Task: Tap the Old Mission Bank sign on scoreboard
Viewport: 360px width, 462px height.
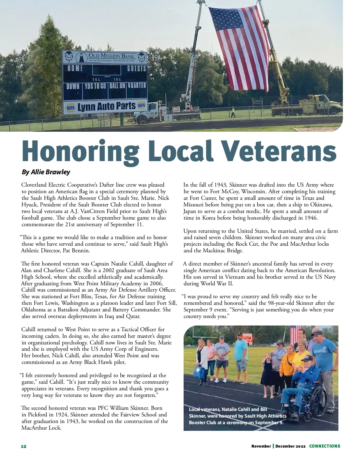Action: click(x=105, y=57)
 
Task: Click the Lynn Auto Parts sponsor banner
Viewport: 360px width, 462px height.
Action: click(x=105, y=107)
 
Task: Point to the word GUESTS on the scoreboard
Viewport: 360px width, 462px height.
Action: click(x=136, y=69)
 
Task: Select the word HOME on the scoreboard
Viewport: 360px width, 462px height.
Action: click(x=75, y=68)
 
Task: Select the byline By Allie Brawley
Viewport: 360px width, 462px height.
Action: click(x=46, y=172)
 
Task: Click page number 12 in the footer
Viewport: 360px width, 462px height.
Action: click(x=23, y=446)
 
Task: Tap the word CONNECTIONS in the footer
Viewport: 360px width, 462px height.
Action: click(x=325, y=446)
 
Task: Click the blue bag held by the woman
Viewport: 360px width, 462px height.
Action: click(x=198, y=372)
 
